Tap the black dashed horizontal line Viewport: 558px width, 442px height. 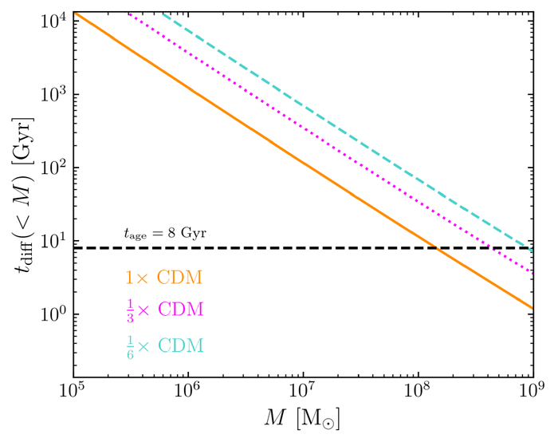click(x=239, y=248)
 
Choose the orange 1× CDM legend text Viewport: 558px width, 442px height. click(x=163, y=278)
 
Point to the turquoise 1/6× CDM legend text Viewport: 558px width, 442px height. click(x=163, y=346)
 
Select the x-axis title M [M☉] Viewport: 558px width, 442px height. click(x=304, y=420)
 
